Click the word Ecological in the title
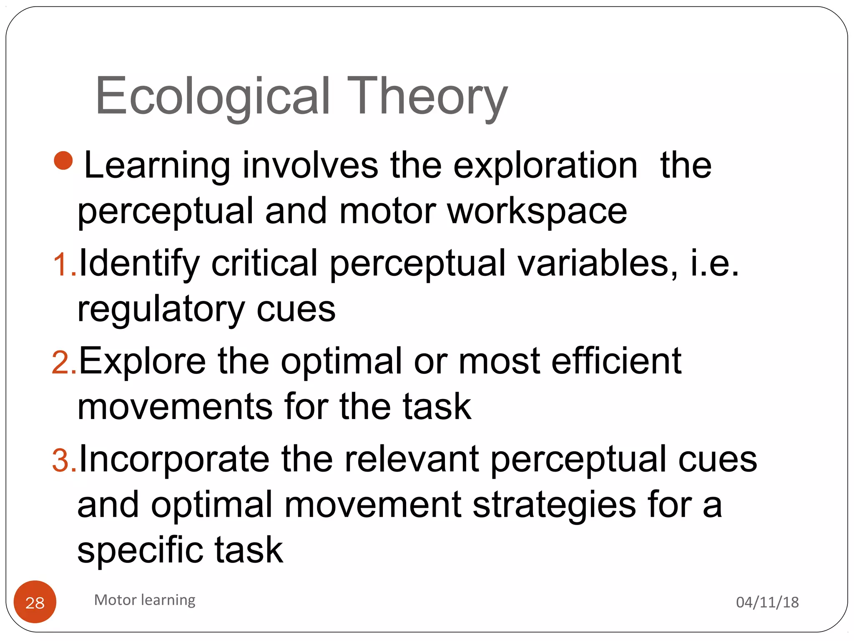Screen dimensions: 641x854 click(x=213, y=97)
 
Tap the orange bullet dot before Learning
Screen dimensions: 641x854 click(x=63, y=161)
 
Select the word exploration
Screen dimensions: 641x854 click(x=545, y=166)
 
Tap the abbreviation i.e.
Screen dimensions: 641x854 click(x=714, y=264)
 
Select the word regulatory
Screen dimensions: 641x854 click(x=161, y=310)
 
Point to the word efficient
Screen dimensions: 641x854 click(x=616, y=361)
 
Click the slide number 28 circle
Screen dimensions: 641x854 click(x=35, y=602)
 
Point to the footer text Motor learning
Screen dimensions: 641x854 click(x=145, y=600)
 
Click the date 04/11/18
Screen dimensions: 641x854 click(x=767, y=602)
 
